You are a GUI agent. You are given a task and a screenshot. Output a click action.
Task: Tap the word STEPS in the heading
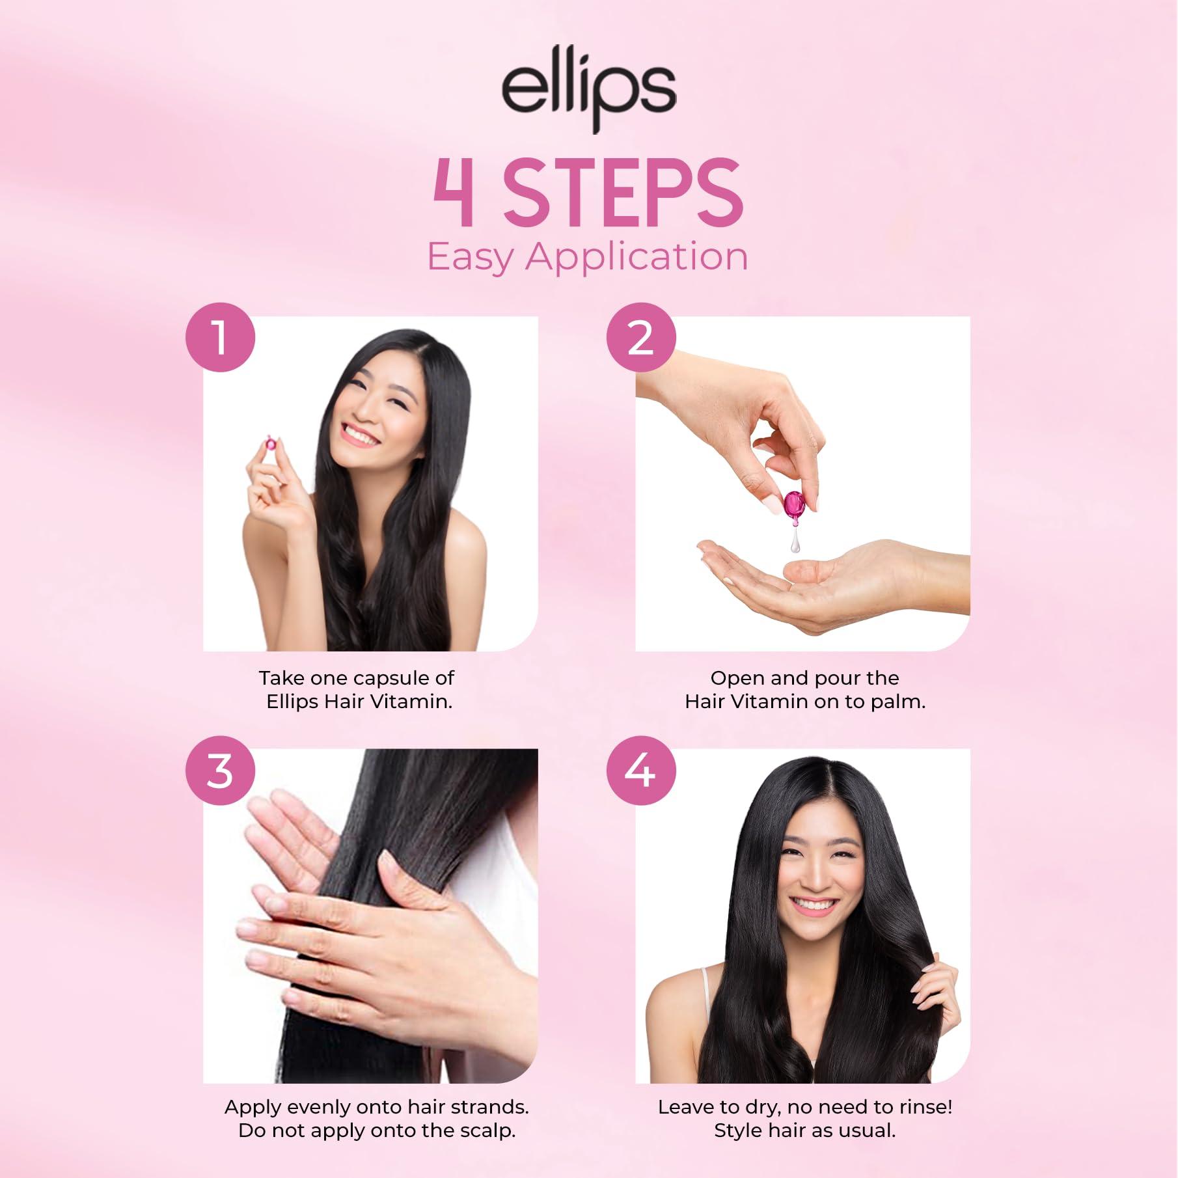pos(623,193)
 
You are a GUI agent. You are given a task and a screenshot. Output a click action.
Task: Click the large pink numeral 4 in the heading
pos(454,193)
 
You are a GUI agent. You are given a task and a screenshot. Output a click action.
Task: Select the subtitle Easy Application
pos(588,256)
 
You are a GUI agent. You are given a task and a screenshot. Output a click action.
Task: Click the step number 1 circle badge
pos(221,338)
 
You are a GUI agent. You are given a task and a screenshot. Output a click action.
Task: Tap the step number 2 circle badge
pos(641,338)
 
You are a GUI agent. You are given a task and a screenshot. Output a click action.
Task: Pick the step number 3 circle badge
pos(221,771)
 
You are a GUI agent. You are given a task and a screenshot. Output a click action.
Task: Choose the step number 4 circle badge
pos(641,771)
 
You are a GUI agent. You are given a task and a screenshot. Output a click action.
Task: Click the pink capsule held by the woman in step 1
pos(268,444)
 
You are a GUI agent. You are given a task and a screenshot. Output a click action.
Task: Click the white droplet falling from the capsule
pos(795,541)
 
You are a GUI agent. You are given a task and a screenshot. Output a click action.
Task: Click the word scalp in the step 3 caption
pos(486,1130)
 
